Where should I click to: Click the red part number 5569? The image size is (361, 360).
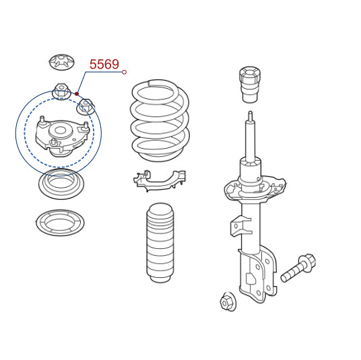pyautogui.click(x=104, y=64)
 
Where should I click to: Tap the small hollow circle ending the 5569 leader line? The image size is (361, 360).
pyautogui.click(x=124, y=72)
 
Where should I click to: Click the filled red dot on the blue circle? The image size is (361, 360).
pyautogui.click(x=77, y=94)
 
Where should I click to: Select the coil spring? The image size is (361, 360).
pyautogui.click(x=160, y=120)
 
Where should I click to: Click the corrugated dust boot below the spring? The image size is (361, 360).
pyautogui.click(x=160, y=242)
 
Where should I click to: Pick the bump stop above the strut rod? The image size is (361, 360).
pyautogui.click(x=251, y=84)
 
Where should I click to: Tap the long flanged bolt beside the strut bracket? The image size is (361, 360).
pyautogui.click(x=298, y=268)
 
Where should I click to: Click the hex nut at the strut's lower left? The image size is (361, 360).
pyautogui.click(x=228, y=301)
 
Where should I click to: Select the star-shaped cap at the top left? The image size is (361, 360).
pyautogui.click(x=62, y=62)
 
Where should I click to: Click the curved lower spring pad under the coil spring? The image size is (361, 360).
pyautogui.click(x=160, y=180)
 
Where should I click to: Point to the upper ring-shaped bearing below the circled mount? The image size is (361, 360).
pyautogui.click(x=61, y=184)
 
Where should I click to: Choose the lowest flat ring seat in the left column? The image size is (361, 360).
pyautogui.click(x=60, y=223)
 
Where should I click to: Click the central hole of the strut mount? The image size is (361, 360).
pyautogui.click(x=60, y=131)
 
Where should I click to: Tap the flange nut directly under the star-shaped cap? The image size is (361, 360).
pyautogui.click(x=61, y=91)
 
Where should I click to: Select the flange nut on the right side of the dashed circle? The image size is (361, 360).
pyautogui.click(x=86, y=106)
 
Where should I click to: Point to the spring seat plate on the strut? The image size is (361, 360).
pyautogui.click(x=255, y=189)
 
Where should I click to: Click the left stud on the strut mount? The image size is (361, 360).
pyautogui.click(x=42, y=121)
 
